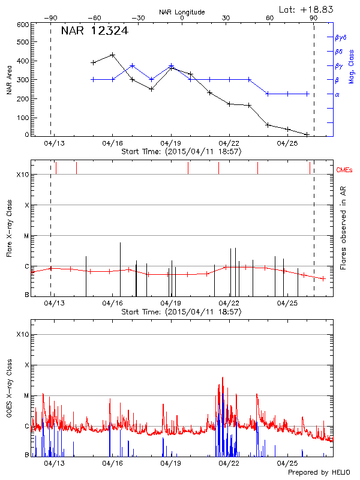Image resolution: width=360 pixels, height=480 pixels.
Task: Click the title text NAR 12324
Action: pos(94,31)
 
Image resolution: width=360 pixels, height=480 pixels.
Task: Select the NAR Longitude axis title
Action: pos(182,12)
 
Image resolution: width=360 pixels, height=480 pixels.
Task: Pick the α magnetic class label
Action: pos(337,95)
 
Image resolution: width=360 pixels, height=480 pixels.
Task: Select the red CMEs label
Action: pos(344,170)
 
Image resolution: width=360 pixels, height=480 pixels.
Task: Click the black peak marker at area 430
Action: pos(112,55)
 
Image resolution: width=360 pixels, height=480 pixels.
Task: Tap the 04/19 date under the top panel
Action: pos(170,143)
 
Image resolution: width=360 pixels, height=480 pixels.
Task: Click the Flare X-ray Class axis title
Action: pos(8,228)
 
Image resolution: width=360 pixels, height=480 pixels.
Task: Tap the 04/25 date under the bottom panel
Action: pos(287,463)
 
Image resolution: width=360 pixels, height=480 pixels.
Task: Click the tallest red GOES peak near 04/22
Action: pos(223,378)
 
